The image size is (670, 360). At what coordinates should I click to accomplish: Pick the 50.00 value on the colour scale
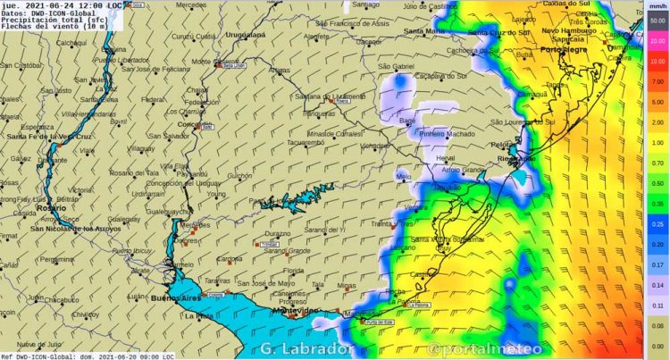click(x=657, y=20)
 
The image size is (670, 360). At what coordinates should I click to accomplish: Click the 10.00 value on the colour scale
click(x=657, y=61)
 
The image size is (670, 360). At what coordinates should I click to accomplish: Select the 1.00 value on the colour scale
click(x=657, y=142)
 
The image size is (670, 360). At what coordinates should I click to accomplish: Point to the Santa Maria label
click(x=423, y=31)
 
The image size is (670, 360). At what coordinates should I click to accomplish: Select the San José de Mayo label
click(x=269, y=283)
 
